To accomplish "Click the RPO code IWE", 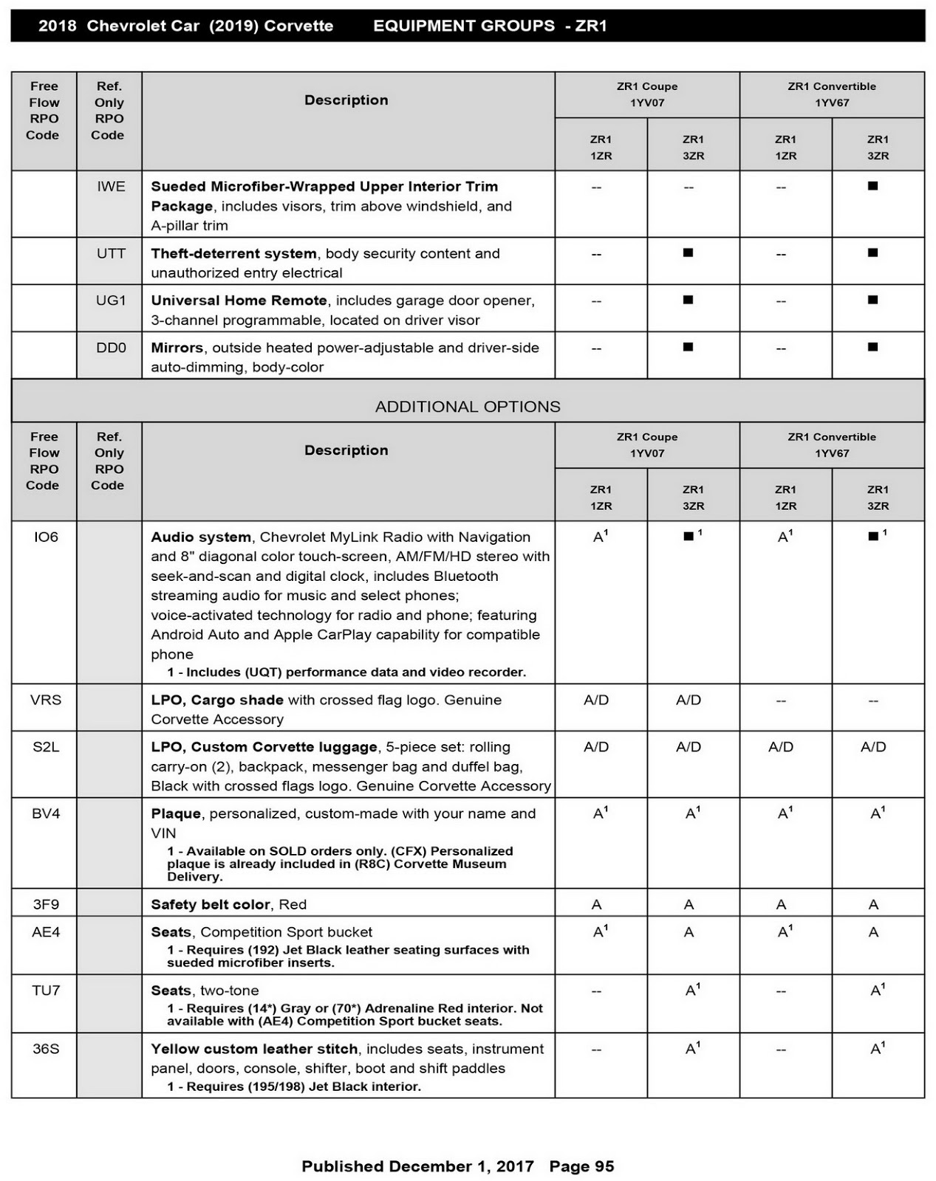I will pyautogui.click(x=111, y=187).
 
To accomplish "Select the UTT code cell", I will pyautogui.click(x=111, y=253).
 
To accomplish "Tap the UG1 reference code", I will pyautogui.click(x=111, y=300).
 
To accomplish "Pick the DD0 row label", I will pyautogui.click(x=111, y=348).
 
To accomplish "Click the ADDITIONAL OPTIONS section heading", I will pyautogui.click(x=468, y=407).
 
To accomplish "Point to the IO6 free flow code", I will pyautogui.click(x=45, y=537).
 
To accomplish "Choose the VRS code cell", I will pyautogui.click(x=45, y=700).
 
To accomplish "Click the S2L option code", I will pyautogui.click(x=45, y=747).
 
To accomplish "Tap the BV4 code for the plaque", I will pyautogui.click(x=45, y=813).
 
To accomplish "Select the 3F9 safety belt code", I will pyautogui.click(x=45, y=904).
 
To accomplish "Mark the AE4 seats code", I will pyautogui.click(x=45, y=932).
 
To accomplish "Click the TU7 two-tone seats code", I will pyautogui.click(x=45, y=991).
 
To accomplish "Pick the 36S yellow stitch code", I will pyautogui.click(x=45, y=1049).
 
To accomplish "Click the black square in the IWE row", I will pyautogui.click(x=872, y=186).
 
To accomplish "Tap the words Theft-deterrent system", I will pyautogui.click(x=233, y=253).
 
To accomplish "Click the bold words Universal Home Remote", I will pyautogui.click(x=239, y=300).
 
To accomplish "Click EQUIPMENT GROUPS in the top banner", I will pyautogui.click(x=464, y=26).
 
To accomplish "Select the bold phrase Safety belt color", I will pyautogui.click(x=211, y=904).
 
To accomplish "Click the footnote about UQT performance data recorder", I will pyautogui.click(x=346, y=672).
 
